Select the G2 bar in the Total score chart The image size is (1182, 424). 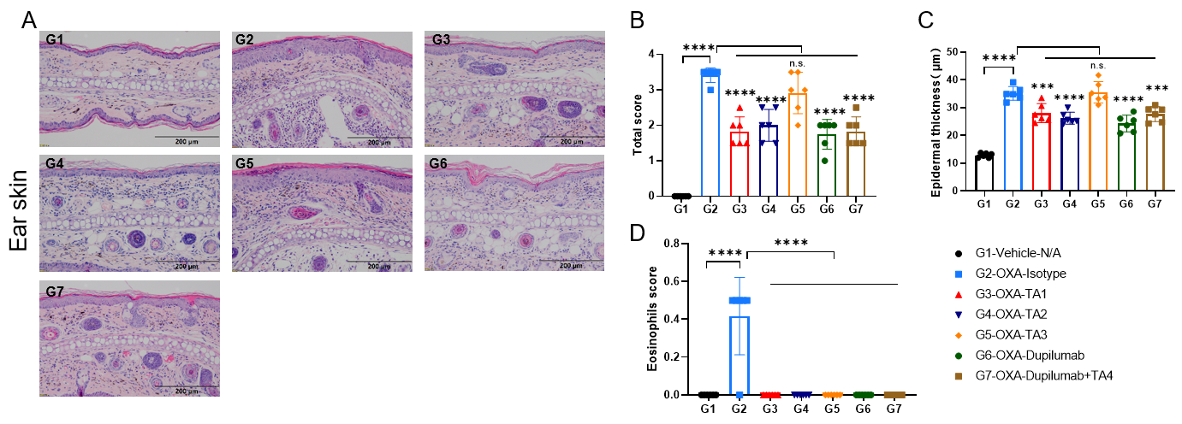coord(710,132)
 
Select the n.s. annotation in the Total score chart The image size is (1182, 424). coord(798,64)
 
